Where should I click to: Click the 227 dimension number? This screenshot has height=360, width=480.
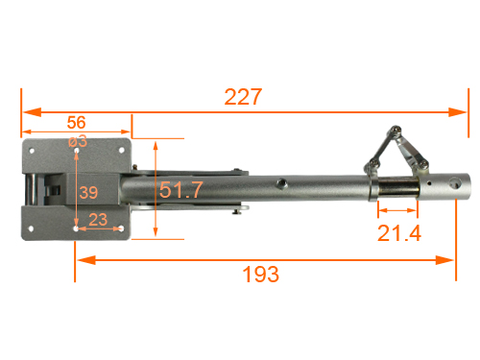pyautogui.click(x=243, y=97)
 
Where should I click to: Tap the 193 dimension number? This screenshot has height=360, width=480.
pyautogui.click(x=261, y=275)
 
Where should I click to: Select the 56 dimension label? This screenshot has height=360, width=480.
pyautogui.click(x=77, y=122)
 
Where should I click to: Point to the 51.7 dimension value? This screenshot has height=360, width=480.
pyautogui.click(x=180, y=189)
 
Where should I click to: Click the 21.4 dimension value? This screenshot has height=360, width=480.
pyautogui.click(x=399, y=232)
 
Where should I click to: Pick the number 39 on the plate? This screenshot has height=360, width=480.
pyautogui.click(x=88, y=192)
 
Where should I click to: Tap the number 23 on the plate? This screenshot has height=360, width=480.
pyautogui.click(x=98, y=220)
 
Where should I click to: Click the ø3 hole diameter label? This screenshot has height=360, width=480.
pyautogui.click(x=78, y=141)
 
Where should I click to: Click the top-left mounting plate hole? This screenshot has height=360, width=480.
pyautogui.click(x=32, y=151)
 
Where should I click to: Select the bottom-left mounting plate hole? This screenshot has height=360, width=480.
pyautogui.click(x=31, y=228)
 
